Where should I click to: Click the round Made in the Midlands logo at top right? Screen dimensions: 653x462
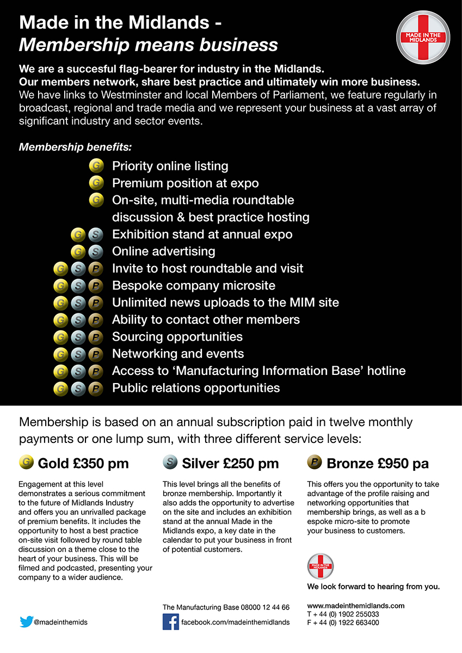[423, 37]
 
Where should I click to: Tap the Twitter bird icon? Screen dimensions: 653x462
[26, 621]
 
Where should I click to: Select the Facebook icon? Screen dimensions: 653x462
[171, 621]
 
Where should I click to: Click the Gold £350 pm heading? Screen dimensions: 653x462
[83, 464]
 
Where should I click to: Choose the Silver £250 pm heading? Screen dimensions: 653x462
[230, 464]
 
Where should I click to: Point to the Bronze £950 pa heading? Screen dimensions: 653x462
[377, 464]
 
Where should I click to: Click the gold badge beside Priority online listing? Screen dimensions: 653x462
[96, 165]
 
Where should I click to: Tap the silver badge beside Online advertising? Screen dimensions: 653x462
[95, 251]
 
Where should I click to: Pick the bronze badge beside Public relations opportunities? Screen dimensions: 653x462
[96, 389]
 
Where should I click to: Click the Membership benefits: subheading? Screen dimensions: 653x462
[75, 147]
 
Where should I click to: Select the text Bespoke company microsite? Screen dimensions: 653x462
[194, 286]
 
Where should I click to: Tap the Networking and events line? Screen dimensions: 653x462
[178, 354]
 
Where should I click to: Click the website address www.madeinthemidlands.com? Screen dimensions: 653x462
[356, 606]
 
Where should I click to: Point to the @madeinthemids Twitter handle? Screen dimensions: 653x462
[60, 622]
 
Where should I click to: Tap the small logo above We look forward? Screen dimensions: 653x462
[320, 566]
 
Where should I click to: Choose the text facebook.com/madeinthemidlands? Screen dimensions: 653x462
[235, 622]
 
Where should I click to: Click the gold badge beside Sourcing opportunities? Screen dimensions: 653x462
[61, 337]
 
